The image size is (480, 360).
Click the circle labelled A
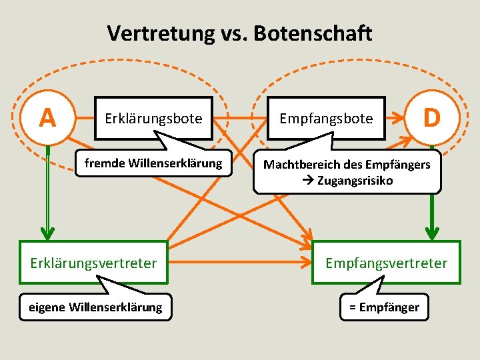47,117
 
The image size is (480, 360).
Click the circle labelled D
432,117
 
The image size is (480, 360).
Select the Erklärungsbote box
153,119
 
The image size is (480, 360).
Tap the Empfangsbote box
326,119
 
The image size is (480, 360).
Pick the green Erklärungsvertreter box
93,263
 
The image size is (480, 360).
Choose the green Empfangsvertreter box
386,263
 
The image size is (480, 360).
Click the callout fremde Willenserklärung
153,163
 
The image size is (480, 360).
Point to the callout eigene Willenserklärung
95,307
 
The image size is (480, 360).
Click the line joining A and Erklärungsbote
83,118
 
